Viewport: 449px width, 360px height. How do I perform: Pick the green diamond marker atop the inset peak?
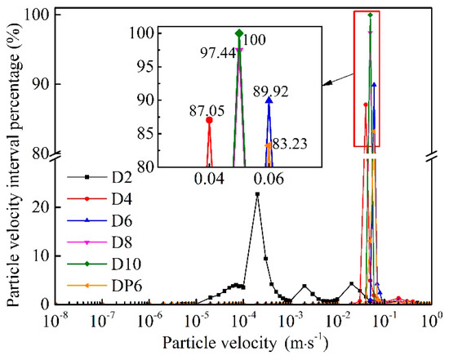point(239,33)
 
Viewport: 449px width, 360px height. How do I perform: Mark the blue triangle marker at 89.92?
point(269,100)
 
